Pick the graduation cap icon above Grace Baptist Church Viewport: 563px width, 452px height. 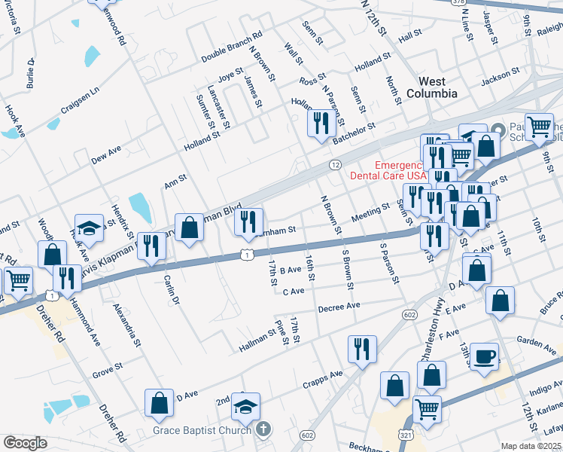click(245, 406)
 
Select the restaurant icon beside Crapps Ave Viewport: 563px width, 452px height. click(362, 349)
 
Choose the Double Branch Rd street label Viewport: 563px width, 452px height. click(231, 47)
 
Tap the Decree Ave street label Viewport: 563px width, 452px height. click(339, 307)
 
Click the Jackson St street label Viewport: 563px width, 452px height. click(501, 76)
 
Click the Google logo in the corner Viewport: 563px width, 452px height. click(25, 443)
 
